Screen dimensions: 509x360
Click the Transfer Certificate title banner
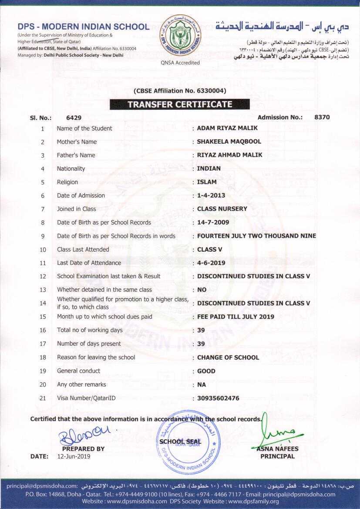[x=180, y=104]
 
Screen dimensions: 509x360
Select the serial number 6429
[x=74, y=118]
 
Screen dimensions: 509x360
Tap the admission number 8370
[x=322, y=117]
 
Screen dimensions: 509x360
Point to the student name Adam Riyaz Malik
[x=227, y=128]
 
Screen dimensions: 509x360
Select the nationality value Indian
[x=209, y=169]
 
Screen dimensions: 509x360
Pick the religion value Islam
[x=207, y=182]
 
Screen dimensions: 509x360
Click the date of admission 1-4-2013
[x=211, y=196]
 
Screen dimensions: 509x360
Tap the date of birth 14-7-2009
[x=213, y=222]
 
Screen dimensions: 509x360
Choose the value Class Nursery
[x=222, y=209]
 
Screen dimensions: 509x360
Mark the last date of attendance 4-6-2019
[x=211, y=263]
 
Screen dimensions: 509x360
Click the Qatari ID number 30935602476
[x=218, y=398]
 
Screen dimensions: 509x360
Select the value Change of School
[x=228, y=357]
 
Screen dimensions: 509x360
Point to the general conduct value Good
[x=206, y=371]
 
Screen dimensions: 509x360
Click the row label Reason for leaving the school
[x=96, y=357]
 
